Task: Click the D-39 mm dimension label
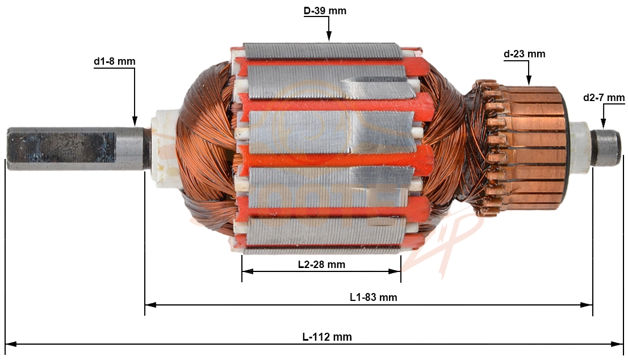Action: pyautogui.click(x=324, y=11)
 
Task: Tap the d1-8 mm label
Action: pyautogui.click(x=115, y=62)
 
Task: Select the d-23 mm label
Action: pyautogui.click(x=524, y=54)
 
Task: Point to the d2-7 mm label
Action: pyautogui.click(x=604, y=98)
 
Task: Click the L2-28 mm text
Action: pyautogui.click(x=321, y=264)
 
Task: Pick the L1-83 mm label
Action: pyautogui.click(x=373, y=297)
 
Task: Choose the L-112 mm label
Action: pyautogui.click(x=327, y=337)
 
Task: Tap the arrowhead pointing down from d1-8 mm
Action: pyautogui.click(x=135, y=122)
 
